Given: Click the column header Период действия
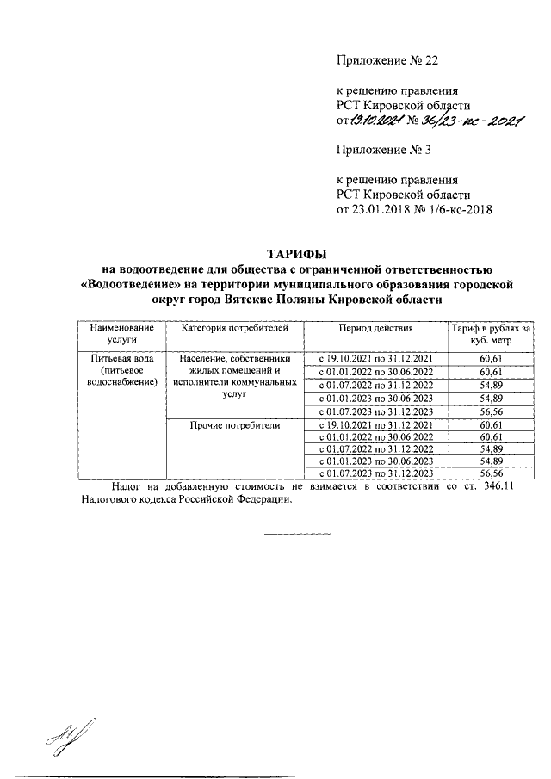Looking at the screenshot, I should point(375,328).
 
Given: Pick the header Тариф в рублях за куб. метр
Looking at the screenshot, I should point(490,334).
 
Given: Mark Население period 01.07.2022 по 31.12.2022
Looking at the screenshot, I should point(375,385).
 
